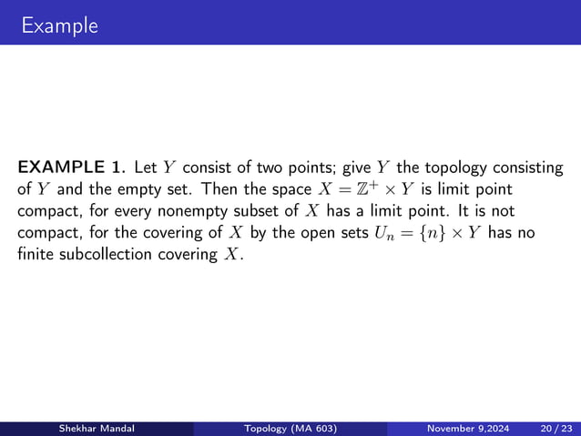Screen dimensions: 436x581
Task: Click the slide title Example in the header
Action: tap(60, 25)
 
